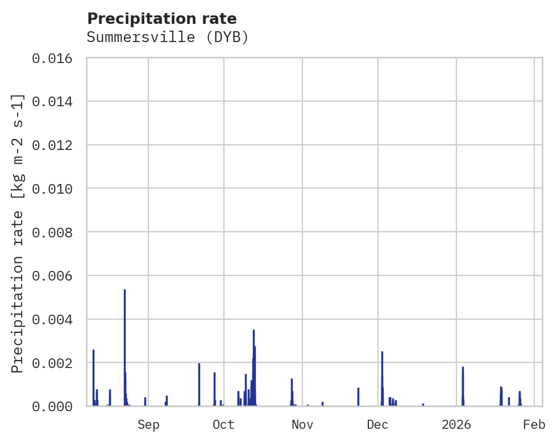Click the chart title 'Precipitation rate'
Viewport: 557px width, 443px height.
coord(162,19)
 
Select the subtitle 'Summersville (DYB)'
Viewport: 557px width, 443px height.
coord(168,37)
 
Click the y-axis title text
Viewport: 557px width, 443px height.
coord(18,233)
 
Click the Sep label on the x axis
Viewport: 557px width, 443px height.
coord(148,425)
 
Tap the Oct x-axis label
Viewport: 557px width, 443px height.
coord(224,425)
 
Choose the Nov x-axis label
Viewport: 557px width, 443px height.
coord(302,425)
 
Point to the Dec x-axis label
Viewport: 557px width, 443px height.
coord(378,425)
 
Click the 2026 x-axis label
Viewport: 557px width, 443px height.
coord(456,425)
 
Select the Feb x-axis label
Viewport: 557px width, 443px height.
coord(534,425)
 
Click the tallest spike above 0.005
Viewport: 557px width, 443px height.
coord(124,291)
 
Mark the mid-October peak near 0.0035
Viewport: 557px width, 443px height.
coord(253,331)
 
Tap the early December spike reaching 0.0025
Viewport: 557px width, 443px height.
coord(382,353)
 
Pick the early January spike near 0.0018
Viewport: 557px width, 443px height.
coord(463,368)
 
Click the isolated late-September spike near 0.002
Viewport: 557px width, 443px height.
coord(199,365)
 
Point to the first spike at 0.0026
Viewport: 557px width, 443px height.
coord(93,351)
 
